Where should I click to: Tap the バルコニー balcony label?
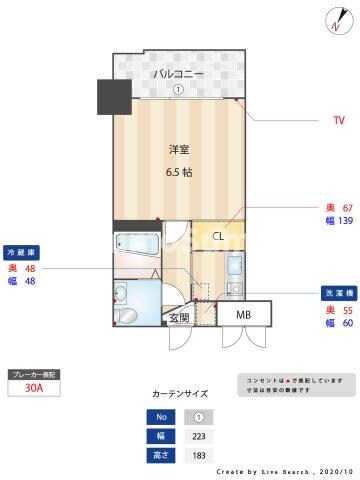pyautogui.click(x=177, y=73)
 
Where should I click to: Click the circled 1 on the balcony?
pyautogui.click(x=177, y=88)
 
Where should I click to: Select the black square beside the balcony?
pyautogui.click(x=113, y=97)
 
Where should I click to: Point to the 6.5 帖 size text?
pyautogui.click(x=179, y=171)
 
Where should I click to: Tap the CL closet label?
pyautogui.click(x=218, y=236)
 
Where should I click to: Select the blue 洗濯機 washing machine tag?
pyautogui.click(x=338, y=295)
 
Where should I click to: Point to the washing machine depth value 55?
pyautogui.click(x=347, y=310)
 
